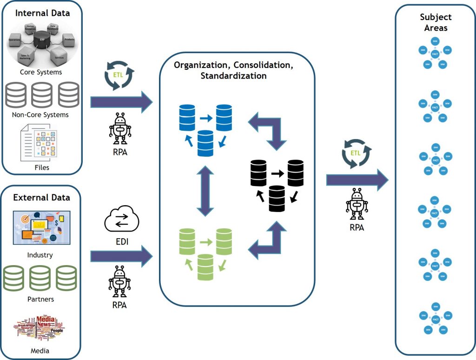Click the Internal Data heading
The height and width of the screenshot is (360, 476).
(42, 13)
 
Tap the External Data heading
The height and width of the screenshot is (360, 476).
(41, 197)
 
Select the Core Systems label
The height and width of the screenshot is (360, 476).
(41, 72)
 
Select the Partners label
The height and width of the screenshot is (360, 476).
(41, 299)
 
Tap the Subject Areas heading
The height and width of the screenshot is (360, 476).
(436, 22)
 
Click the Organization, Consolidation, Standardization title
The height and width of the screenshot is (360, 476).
(233, 70)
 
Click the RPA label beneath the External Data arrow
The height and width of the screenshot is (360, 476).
(119, 305)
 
